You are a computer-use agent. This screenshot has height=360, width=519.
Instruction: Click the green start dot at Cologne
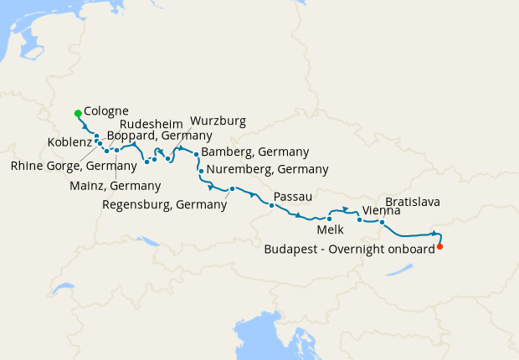(77, 113)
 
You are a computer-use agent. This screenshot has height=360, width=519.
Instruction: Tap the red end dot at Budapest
(440, 246)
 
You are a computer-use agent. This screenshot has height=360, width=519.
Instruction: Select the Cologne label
(106, 111)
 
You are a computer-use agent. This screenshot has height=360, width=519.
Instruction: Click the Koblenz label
(69, 141)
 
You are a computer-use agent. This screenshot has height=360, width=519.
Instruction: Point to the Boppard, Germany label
(159, 135)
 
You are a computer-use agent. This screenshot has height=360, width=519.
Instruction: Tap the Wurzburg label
(218, 121)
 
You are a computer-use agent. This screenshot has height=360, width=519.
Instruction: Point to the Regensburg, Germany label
(164, 203)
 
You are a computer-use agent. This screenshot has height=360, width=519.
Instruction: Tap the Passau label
(293, 197)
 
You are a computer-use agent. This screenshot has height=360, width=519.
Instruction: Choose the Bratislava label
(413, 203)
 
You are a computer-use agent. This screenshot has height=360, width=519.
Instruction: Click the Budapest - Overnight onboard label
(350, 249)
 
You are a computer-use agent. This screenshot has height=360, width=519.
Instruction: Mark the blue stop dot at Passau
(272, 205)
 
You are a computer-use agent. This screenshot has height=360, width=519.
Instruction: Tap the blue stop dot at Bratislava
(382, 223)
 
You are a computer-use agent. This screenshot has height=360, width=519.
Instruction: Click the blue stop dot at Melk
(330, 219)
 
